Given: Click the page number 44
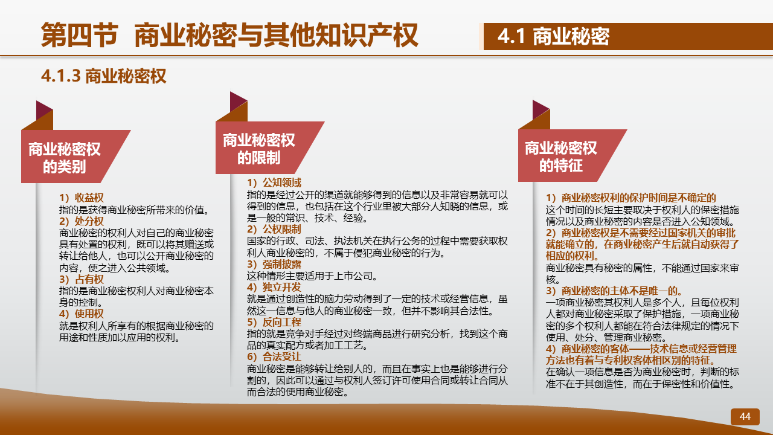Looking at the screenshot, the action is [x=745, y=416].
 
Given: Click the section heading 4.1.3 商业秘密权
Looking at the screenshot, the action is [x=103, y=76].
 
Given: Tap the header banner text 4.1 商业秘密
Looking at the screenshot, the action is [x=553, y=36].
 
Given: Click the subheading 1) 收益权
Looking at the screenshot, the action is [x=82, y=198].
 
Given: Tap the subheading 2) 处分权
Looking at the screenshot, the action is [x=82, y=221].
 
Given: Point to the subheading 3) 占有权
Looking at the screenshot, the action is [x=82, y=279].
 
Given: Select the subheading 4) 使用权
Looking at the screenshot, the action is [x=82, y=314].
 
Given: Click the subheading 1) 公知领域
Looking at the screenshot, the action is [x=274, y=182].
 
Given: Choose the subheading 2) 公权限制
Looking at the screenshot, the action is [x=274, y=229].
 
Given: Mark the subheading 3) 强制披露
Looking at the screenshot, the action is [x=274, y=264].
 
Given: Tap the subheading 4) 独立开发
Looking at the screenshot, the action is [x=274, y=287].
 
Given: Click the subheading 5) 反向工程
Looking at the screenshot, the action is [x=274, y=322].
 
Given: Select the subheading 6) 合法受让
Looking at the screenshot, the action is [x=274, y=356].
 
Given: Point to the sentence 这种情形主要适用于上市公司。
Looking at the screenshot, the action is [x=313, y=276].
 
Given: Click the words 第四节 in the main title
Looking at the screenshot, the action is [x=80, y=35].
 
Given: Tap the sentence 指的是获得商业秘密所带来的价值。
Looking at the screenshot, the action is [x=135, y=210].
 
